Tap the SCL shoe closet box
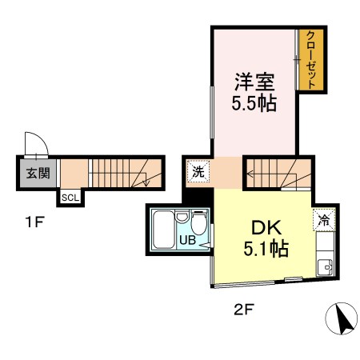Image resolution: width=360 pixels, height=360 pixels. click(70, 197)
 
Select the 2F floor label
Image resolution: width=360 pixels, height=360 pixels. click(243, 306)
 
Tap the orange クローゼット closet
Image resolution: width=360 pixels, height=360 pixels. click(311, 60)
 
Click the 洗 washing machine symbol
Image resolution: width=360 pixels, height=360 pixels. click(197, 170)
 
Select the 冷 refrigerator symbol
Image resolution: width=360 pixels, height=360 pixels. click(324, 216)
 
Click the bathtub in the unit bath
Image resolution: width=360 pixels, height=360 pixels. click(164, 230)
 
